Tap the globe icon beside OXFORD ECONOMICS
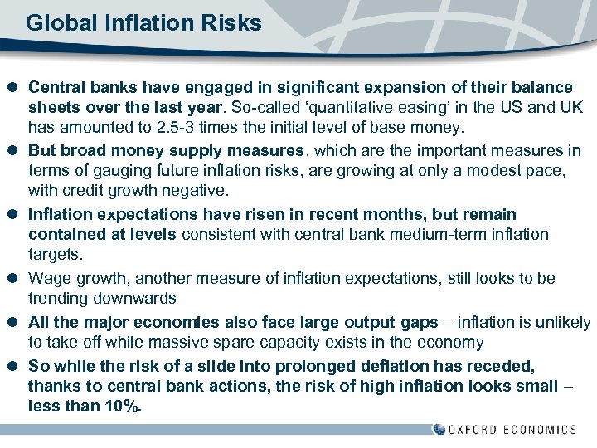click(x=439, y=429)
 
